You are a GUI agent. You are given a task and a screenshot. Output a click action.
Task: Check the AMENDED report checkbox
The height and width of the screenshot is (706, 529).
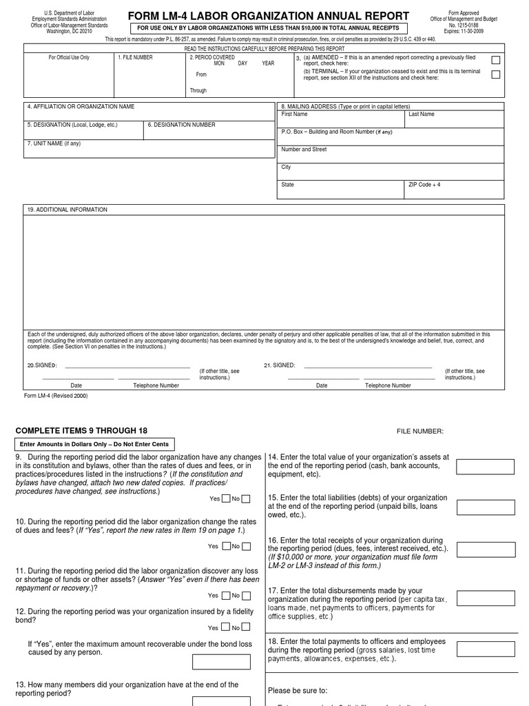click(x=496, y=61)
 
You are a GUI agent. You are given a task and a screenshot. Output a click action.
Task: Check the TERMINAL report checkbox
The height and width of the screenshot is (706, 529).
click(x=496, y=74)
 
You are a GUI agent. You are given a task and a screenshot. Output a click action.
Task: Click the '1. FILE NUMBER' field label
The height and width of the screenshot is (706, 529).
click(x=136, y=58)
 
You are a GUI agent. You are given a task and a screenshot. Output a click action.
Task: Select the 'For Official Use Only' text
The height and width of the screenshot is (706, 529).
click(x=69, y=58)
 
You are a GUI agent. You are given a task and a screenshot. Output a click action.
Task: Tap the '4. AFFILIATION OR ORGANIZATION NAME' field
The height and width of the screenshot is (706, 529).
click(x=81, y=107)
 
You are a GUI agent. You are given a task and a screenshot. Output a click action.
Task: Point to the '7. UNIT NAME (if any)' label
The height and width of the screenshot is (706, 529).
click(x=54, y=143)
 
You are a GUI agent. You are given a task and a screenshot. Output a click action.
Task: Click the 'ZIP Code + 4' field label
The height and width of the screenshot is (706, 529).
click(x=425, y=185)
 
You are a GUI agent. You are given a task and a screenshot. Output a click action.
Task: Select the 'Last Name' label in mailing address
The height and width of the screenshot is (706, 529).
click(x=422, y=114)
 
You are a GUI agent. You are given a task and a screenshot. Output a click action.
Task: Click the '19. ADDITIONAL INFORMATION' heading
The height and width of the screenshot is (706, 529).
click(x=68, y=210)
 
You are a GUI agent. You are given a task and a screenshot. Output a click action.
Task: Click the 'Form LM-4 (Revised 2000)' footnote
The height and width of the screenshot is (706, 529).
click(x=56, y=396)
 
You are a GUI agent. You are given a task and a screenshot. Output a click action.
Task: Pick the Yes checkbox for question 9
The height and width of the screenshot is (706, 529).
click(x=225, y=498)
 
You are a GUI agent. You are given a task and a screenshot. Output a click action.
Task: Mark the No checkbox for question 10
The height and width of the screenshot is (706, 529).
click(x=246, y=546)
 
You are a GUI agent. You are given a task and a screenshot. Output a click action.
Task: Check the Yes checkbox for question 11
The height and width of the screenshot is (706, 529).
click(x=225, y=595)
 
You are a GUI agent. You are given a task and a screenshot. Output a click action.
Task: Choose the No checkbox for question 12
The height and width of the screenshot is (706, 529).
click(x=246, y=627)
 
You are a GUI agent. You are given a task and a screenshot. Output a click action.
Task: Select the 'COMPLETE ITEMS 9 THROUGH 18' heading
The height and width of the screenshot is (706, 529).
click(x=81, y=430)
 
